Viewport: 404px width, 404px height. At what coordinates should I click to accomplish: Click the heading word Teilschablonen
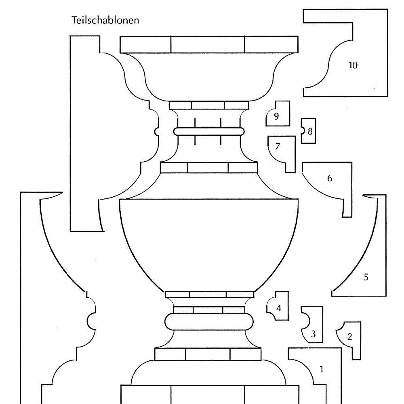pyautogui.click(x=105, y=20)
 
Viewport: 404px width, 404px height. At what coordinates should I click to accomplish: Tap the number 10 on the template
pyautogui.click(x=353, y=65)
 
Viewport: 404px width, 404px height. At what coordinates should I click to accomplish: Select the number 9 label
pyautogui.click(x=276, y=116)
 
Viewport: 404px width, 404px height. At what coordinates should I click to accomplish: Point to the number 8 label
pyautogui.click(x=310, y=131)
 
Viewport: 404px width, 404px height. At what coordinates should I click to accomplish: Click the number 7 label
pyautogui.click(x=278, y=146)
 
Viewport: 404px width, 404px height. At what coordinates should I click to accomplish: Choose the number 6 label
pyautogui.click(x=330, y=178)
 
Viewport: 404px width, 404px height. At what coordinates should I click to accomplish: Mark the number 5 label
pyautogui.click(x=366, y=277)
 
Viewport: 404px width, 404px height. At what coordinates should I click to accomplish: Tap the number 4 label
pyautogui.click(x=279, y=308)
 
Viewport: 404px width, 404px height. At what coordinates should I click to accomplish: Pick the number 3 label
pyautogui.click(x=314, y=334)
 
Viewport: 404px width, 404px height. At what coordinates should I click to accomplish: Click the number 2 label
pyautogui.click(x=350, y=336)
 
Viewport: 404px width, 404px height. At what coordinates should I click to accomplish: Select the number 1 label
pyautogui.click(x=322, y=368)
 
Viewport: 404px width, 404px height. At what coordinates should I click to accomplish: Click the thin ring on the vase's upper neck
pyautogui.click(x=209, y=131)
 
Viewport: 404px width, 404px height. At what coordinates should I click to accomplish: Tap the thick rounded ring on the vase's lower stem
pyautogui.click(x=209, y=322)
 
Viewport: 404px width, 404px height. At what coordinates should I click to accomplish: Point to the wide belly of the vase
pyautogui.click(x=209, y=242)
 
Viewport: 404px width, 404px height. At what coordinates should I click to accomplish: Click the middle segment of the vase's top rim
pyautogui.click(x=208, y=44)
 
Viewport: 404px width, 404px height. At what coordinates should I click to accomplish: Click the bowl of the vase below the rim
pyautogui.click(x=209, y=77)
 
